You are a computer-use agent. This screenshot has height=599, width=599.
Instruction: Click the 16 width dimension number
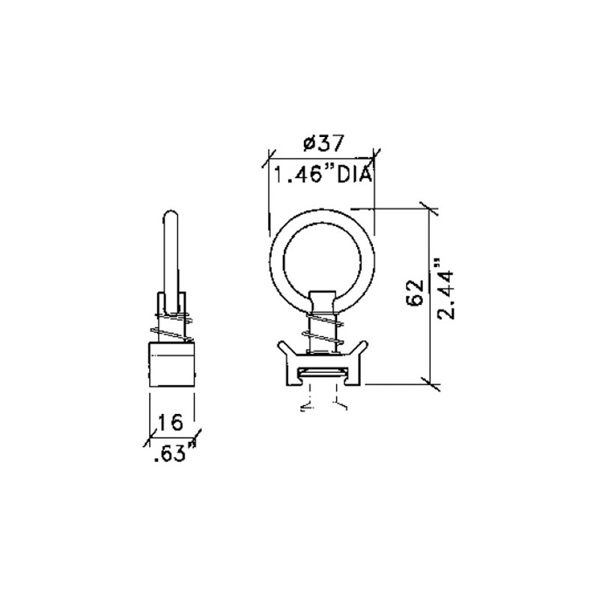171,422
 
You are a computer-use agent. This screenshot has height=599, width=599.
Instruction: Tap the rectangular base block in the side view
172,363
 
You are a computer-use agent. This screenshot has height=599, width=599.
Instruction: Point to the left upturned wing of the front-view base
285,350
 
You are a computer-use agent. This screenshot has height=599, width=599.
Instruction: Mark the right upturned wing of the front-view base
359,350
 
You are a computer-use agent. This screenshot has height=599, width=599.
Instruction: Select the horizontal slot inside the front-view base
323,372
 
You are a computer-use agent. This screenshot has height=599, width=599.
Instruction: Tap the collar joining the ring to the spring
323,299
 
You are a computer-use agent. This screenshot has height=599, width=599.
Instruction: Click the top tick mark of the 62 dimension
429,206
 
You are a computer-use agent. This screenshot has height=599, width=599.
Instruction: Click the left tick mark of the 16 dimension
150,435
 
